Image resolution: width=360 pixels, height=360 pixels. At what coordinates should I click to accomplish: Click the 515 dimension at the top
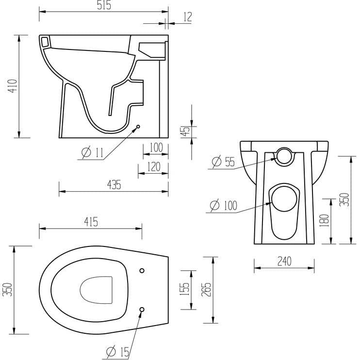click(x=104, y=6)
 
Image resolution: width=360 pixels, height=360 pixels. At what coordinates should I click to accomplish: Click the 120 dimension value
click(x=153, y=167)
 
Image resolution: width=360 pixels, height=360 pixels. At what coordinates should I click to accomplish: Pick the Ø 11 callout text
click(x=93, y=153)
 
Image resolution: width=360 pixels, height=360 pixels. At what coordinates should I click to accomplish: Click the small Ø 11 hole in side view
click(x=138, y=127)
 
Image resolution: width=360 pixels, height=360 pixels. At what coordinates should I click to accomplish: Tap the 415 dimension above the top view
click(x=90, y=222)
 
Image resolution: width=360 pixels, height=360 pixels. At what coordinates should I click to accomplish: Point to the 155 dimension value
click(x=185, y=290)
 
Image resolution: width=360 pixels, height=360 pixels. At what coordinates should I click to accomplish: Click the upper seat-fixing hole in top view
click(x=142, y=270)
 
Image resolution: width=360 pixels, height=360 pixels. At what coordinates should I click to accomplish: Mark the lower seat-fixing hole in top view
click(x=142, y=309)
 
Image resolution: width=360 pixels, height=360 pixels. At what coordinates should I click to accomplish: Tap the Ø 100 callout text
click(x=223, y=205)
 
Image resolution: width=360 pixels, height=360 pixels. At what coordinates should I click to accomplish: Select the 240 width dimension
click(x=284, y=261)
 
